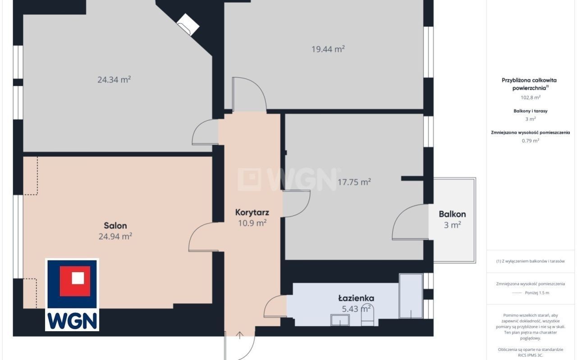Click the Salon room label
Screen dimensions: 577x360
[115, 226]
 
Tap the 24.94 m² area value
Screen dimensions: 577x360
[115, 236]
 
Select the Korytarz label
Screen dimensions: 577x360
[252, 213]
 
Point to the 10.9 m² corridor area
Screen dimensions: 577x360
[252, 223]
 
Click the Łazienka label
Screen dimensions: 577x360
[356, 298]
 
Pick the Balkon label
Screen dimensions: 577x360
[452, 214]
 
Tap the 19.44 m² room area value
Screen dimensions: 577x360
[328, 49]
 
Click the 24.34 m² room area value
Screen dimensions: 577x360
[114, 80]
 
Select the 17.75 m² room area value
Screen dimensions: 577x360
[354, 182]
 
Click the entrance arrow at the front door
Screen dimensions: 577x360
[240, 335]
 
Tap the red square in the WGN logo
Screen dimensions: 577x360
[75, 281]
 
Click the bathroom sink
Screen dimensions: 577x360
[340, 320]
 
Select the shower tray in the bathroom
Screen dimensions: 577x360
[411, 296]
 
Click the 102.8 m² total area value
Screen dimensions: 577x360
[531, 98]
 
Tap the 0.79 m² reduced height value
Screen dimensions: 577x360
[531, 141]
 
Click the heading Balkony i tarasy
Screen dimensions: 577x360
[531, 111]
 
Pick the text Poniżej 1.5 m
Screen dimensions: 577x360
[537, 293]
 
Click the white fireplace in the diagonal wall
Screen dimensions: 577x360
[188, 25]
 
